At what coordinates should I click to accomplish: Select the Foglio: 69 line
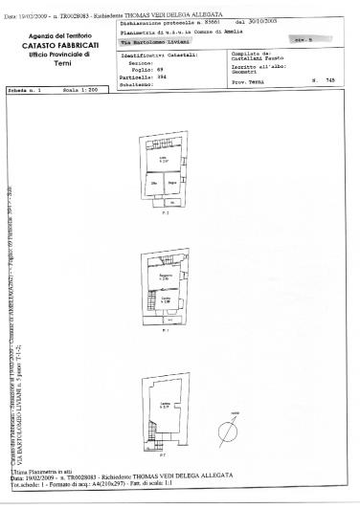(139, 69)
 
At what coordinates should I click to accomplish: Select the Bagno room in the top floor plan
(172, 183)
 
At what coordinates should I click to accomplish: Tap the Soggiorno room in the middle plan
(165, 277)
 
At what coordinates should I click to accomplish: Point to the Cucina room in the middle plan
(165, 300)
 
